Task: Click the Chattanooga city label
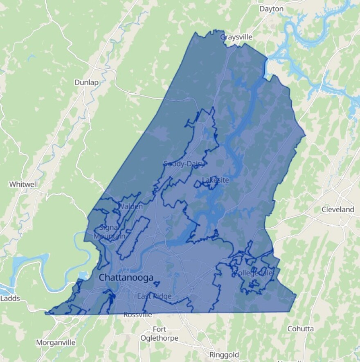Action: pyautogui.click(x=126, y=278)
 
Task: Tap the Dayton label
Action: pyautogui.click(x=271, y=9)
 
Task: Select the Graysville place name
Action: pyautogui.click(x=236, y=37)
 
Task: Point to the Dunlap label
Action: pyautogui.click(x=86, y=82)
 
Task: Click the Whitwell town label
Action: pyautogui.click(x=23, y=184)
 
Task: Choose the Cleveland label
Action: pyautogui.click(x=337, y=209)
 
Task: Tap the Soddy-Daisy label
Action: pyautogui.click(x=184, y=164)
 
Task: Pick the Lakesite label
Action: pyautogui.click(x=215, y=180)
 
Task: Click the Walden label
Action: pyautogui.click(x=131, y=206)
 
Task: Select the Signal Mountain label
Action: pyautogui.click(x=109, y=232)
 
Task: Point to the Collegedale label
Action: pyautogui.click(x=253, y=273)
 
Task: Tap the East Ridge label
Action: pyautogui.click(x=154, y=296)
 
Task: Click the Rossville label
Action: pyautogui.click(x=138, y=315)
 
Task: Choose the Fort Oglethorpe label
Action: pyautogui.click(x=159, y=334)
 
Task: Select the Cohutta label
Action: pyautogui.click(x=300, y=329)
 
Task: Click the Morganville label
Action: pyautogui.click(x=56, y=342)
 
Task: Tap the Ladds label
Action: pyautogui.click(x=10, y=298)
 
